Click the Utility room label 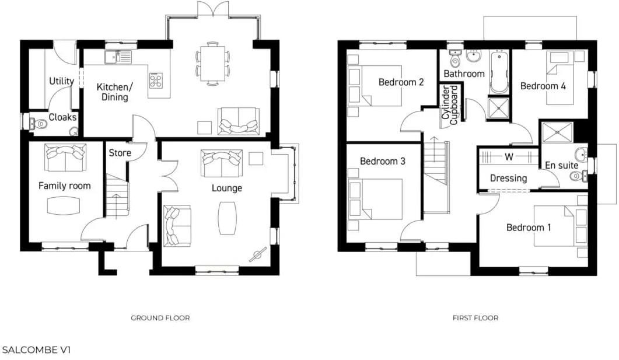61,81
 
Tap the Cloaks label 62,117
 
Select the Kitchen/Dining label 115,92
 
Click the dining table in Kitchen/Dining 212,63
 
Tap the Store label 120,153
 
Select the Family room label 65,186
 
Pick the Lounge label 227,188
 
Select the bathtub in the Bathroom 499,74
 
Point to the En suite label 562,165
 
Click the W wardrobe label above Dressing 509,157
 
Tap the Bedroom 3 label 382,160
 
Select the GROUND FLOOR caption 160,318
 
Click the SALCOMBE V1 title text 37,350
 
